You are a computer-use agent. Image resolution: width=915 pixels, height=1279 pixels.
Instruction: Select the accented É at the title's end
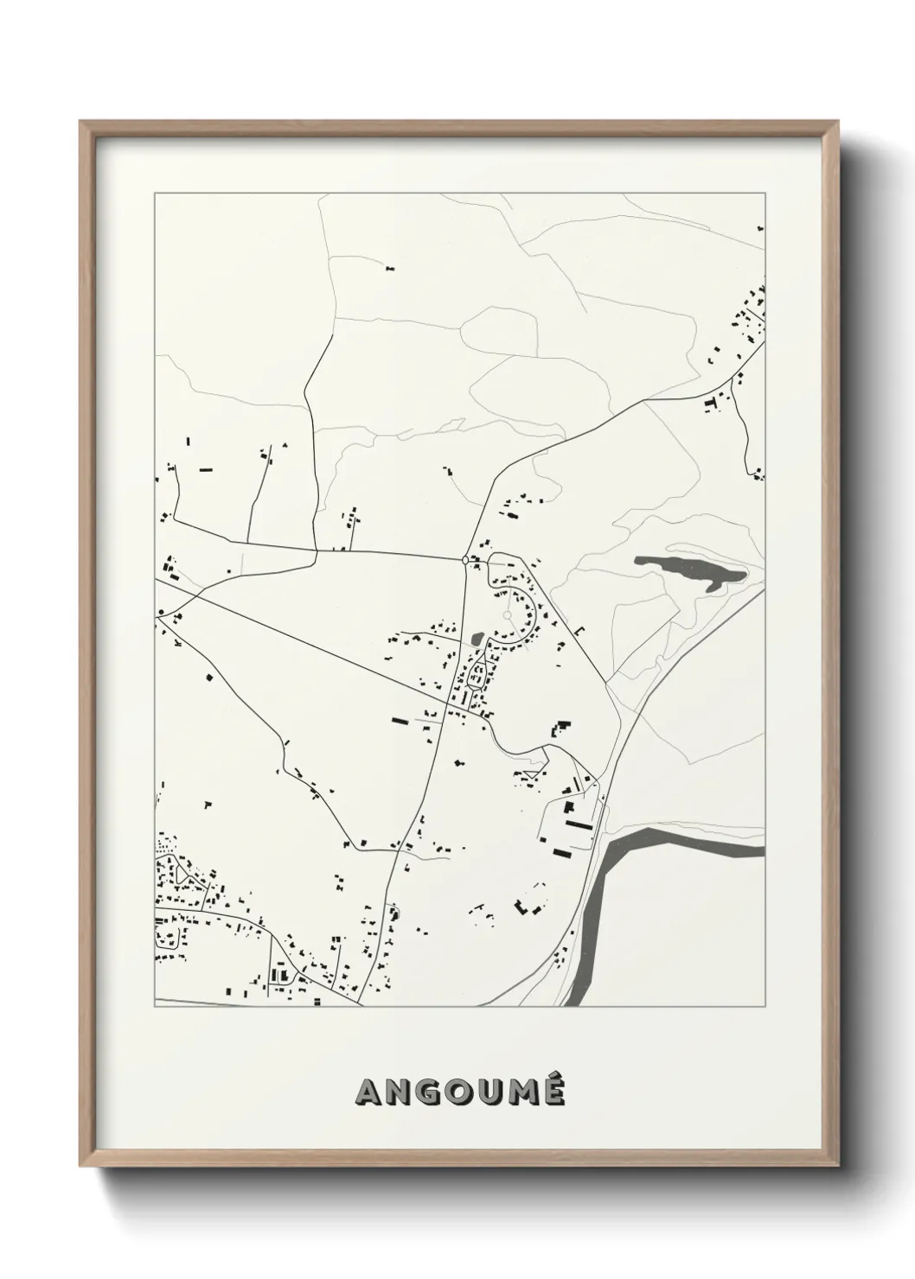click(x=553, y=1091)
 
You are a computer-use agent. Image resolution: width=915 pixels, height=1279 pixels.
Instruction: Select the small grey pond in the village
click(x=477, y=640)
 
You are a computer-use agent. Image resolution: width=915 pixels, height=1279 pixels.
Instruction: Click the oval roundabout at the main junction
click(x=466, y=560)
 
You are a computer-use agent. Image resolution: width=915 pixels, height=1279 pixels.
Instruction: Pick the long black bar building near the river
click(x=579, y=825)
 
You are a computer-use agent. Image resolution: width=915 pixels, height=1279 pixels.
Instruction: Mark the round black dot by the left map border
click(x=161, y=612)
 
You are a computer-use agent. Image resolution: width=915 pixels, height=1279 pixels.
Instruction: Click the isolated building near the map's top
click(x=389, y=269)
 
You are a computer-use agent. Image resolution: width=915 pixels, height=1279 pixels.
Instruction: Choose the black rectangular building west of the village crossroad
click(x=399, y=718)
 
